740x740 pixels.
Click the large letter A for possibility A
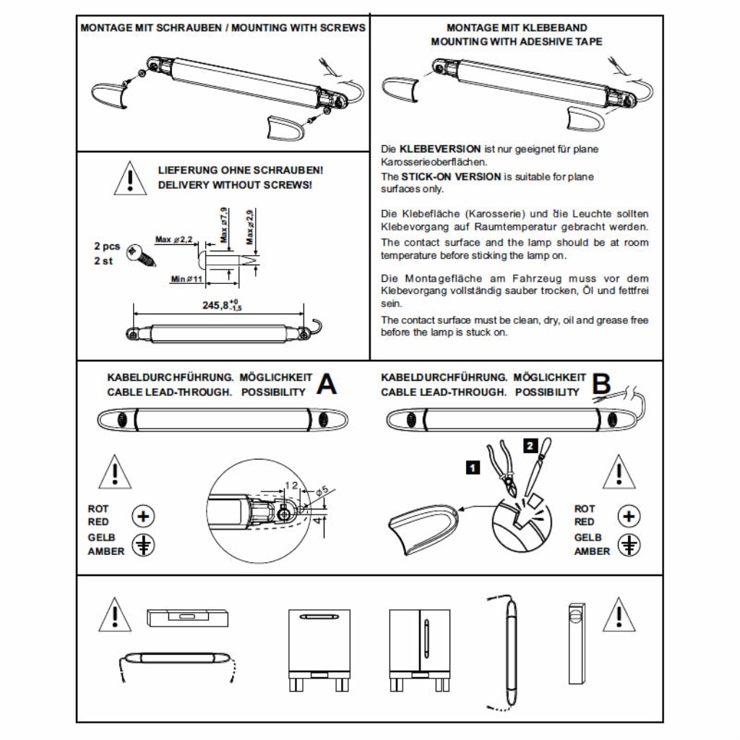pos(327,385)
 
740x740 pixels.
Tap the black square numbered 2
pos(532,444)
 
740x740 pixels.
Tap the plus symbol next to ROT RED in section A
pos(144,516)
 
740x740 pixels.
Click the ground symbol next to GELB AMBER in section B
pos(631,545)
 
